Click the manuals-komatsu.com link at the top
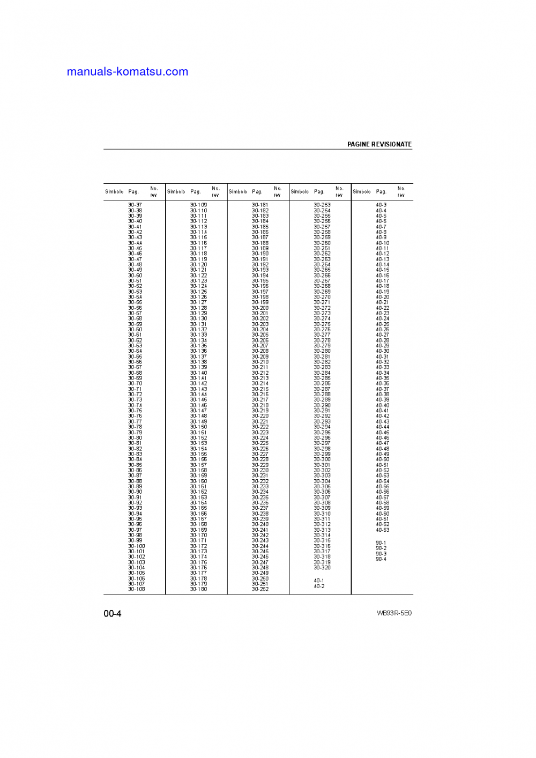[128, 72]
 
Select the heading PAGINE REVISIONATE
[379, 144]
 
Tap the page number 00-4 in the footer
[113, 613]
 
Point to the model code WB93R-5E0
[394, 613]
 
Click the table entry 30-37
[135, 205]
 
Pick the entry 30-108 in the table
[136, 589]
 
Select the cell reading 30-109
[198, 205]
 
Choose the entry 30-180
[198, 589]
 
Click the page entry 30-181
[260, 205]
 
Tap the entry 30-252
[260, 589]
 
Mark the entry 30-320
[322, 568]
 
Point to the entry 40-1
[319, 581]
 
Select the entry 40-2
[319, 586]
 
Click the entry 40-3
[381, 205]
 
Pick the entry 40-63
[383, 530]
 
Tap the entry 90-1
[381, 543]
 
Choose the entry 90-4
[381, 559]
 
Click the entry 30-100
[136, 546]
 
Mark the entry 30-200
[260, 308]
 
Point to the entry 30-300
[322, 459]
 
